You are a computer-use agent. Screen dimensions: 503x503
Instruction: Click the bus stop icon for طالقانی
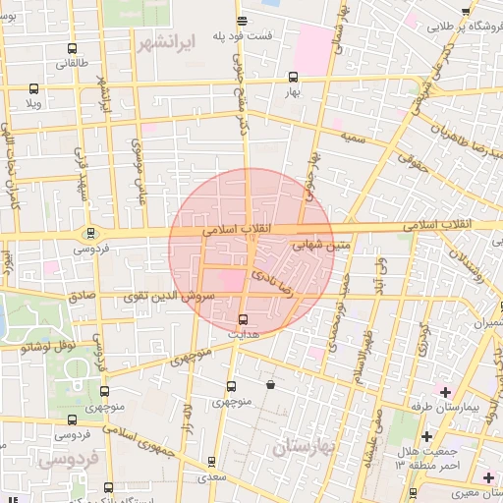tap(71, 48)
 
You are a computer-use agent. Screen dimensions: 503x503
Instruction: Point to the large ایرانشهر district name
tap(168, 42)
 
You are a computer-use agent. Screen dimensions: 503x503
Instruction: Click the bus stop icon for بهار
tap(293, 77)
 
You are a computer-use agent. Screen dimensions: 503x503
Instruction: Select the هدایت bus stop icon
tap(244, 318)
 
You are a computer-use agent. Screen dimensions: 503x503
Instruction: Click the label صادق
tap(83, 296)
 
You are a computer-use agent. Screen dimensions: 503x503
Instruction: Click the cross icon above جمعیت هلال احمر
tap(425, 435)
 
